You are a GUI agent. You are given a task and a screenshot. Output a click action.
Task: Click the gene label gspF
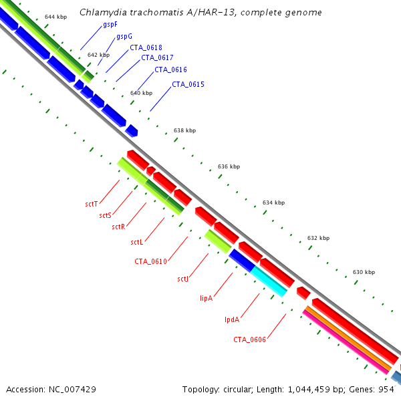(x=110, y=24)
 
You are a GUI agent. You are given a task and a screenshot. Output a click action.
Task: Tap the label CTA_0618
(x=146, y=47)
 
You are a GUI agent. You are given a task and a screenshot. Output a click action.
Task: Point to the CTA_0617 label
(x=157, y=57)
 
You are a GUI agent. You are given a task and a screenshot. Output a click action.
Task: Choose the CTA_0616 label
(x=170, y=70)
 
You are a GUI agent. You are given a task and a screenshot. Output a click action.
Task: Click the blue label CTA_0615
(x=188, y=84)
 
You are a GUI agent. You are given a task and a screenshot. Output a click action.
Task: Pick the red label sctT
(x=92, y=204)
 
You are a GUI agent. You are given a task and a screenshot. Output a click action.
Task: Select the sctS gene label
(x=105, y=215)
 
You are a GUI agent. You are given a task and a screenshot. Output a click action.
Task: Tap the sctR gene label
(x=119, y=227)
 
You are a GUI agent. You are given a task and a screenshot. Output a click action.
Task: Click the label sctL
(x=137, y=242)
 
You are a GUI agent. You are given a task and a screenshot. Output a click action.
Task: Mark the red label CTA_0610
(x=150, y=261)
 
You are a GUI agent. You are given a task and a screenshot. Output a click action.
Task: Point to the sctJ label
(x=183, y=279)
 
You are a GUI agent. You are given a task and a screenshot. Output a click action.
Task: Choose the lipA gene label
(x=206, y=297)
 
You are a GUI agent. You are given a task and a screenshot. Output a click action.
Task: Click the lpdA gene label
(x=231, y=319)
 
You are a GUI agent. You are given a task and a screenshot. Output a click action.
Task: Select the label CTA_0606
(x=249, y=340)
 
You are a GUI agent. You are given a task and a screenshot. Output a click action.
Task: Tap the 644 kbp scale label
(x=55, y=16)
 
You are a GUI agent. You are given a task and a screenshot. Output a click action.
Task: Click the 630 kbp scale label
(x=364, y=272)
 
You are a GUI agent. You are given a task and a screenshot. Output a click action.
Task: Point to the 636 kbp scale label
(x=229, y=166)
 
